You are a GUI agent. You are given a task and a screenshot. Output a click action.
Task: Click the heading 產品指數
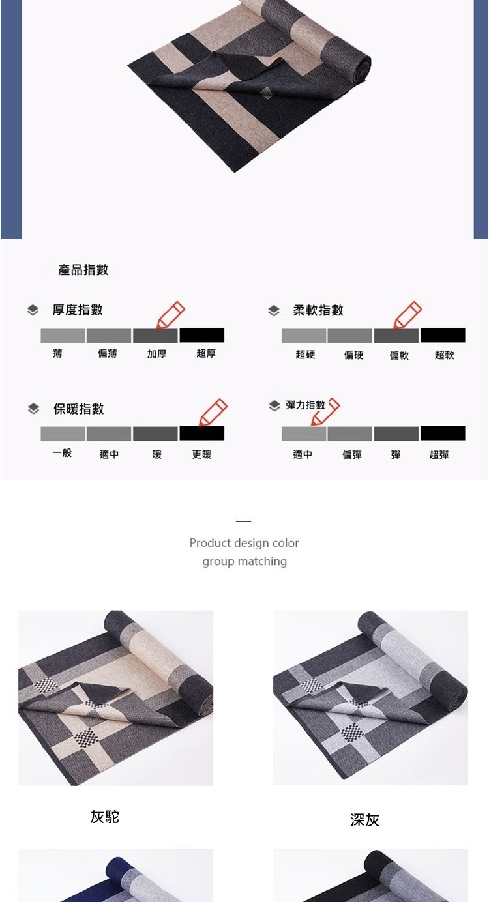pyautogui.click(x=83, y=270)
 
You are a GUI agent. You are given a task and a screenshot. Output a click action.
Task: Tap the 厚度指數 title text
pyautogui.click(x=78, y=310)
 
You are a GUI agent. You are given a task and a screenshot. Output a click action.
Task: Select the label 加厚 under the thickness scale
pyautogui.click(x=156, y=354)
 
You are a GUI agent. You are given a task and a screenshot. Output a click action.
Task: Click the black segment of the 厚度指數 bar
pyautogui.click(x=202, y=335)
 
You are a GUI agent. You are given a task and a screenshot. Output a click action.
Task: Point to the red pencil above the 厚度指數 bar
pyautogui.click(x=170, y=315)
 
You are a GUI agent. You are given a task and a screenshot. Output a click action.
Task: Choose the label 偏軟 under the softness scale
pyautogui.click(x=399, y=355)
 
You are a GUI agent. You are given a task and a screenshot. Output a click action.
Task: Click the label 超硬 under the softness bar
pyautogui.click(x=305, y=355)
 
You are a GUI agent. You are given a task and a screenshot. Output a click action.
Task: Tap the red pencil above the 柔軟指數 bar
pyautogui.click(x=407, y=315)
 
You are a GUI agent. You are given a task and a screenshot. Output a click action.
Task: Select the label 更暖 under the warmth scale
pyautogui.click(x=202, y=454)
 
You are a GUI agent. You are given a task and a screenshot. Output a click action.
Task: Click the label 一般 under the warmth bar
pyautogui.click(x=62, y=452)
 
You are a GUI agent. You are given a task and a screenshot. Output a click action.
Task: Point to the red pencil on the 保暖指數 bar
pyautogui.click(x=213, y=412)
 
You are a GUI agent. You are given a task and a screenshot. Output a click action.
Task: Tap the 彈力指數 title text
pyautogui.click(x=305, y=405)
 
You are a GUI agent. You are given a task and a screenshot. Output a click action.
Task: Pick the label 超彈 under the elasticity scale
pyautogui.click(x=439, y=455)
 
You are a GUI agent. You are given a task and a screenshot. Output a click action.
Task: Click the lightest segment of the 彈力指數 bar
pyautogui.click(x=304, y=433)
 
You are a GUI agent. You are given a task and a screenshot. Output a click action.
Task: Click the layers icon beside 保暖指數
pyautogui.click(x=33, y=409)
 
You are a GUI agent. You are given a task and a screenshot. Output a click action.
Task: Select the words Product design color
pyautogui.click(x=244, y=543)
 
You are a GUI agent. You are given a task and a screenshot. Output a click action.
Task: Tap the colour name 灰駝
pyautogui.click(x=105, y=817)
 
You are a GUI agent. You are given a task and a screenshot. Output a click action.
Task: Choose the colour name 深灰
pyautogui.click(x=364, y=820)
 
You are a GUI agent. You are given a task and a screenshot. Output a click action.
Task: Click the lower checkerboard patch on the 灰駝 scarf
pyautogui.click(x=85, y=737)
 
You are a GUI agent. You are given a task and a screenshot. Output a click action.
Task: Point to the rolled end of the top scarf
pyautogui.click(x=360, y=68)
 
